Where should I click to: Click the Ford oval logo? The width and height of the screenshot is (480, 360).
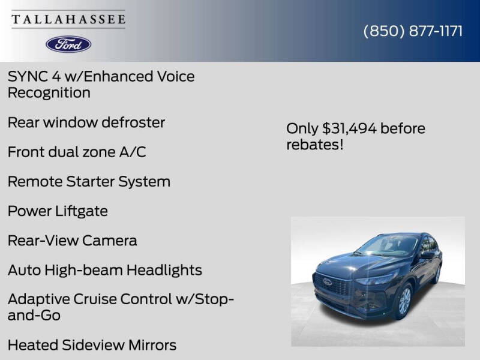[x=68, y=44]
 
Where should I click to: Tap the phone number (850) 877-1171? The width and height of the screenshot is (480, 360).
[x=413, y=31]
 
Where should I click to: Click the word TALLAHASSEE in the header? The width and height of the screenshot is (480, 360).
[x=68, y=20]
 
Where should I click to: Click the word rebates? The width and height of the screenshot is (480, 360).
[x=315, y=145]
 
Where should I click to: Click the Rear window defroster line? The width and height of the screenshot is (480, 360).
[x=86, y=122]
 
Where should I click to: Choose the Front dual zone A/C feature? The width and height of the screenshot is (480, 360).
[x=77, y=152]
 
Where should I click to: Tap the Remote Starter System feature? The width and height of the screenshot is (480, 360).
[x=89, y=181]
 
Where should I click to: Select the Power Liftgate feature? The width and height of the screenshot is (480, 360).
[x=58, y=211]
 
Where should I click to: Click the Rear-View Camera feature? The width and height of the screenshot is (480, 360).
[x=72, y=241]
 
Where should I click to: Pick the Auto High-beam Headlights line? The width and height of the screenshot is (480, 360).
[x=105, y=270]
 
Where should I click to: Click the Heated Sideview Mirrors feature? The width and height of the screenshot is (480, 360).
[x=92, y=345]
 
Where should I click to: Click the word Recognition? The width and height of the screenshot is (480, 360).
[x=49, y=93]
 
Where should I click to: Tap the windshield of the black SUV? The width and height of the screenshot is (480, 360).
[x=390, y=245]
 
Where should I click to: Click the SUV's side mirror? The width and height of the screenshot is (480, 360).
[x=427, y=254]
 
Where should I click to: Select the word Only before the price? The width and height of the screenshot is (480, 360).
[x=302, y=128]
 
